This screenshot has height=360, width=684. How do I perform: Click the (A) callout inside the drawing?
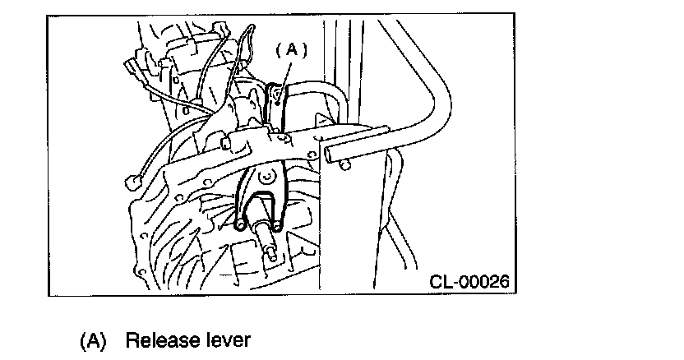(290, 50)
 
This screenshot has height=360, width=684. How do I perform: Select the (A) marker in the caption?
(93, 340)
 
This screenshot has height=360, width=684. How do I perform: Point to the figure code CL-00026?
(469, 282)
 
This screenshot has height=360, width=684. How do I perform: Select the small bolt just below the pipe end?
(344, 167)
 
